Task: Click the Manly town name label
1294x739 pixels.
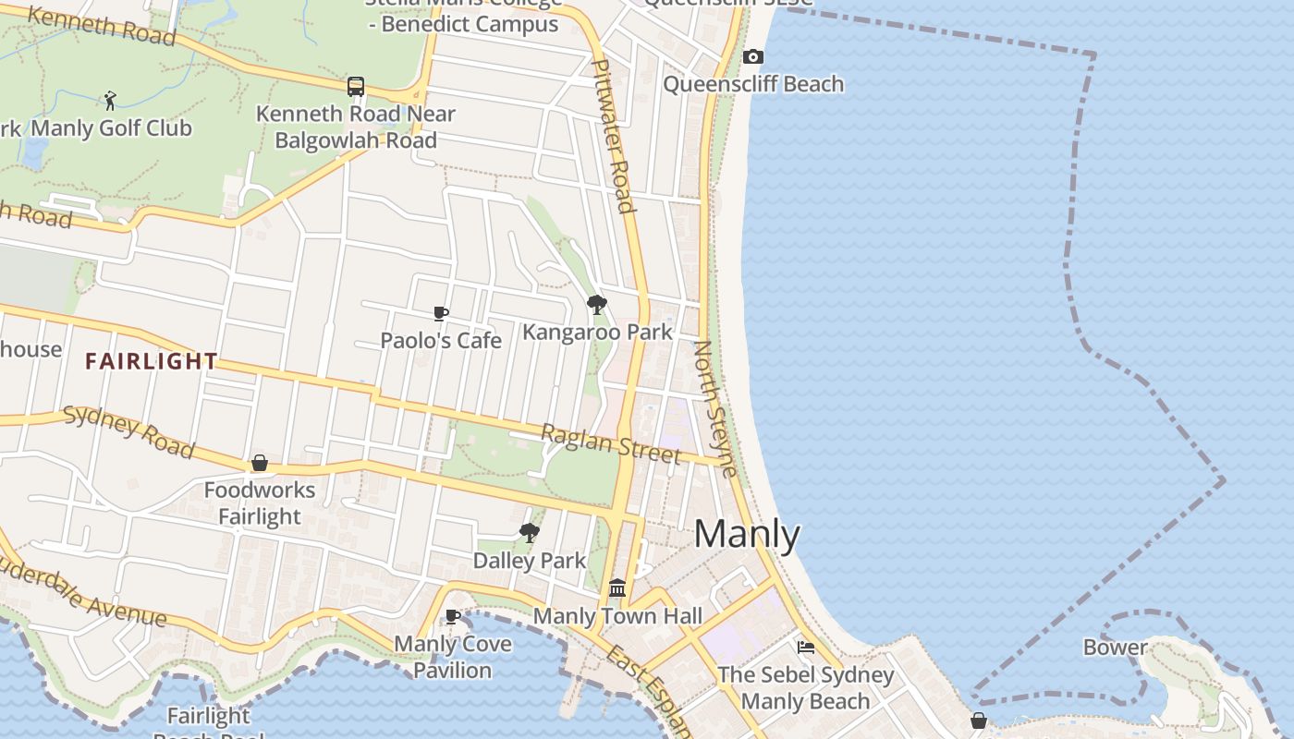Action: click(x=747, y=534)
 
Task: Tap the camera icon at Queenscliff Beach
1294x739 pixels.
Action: click(x=753, y=57)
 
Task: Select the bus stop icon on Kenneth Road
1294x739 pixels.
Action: click(x=356, y=87)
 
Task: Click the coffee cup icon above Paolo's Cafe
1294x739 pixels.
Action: click(x=441, y=314)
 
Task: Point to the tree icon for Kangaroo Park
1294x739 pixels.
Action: click(x=597, y=304)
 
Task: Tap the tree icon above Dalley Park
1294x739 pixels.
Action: click(x=529, y=532)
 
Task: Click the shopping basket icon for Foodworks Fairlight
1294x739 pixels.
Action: click(x=260, y=463)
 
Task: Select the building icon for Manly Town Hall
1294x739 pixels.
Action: click(x=617, y=588)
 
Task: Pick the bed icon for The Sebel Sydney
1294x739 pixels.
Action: click(x=806, y=648)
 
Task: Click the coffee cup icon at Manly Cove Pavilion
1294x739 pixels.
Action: click(x=453, y=616)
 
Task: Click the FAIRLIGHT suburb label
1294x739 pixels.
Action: click(x=152, y=361)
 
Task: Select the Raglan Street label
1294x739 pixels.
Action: click(x=610, y=444)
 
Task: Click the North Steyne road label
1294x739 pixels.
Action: click(x=715, y=408)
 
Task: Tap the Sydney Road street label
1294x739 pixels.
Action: click(x=128, y=431)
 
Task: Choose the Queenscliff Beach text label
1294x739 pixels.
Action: click(x=753, y=84)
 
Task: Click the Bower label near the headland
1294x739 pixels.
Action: click(x=1116, y=648)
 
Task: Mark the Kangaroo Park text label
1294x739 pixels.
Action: click(x=597, y=332)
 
